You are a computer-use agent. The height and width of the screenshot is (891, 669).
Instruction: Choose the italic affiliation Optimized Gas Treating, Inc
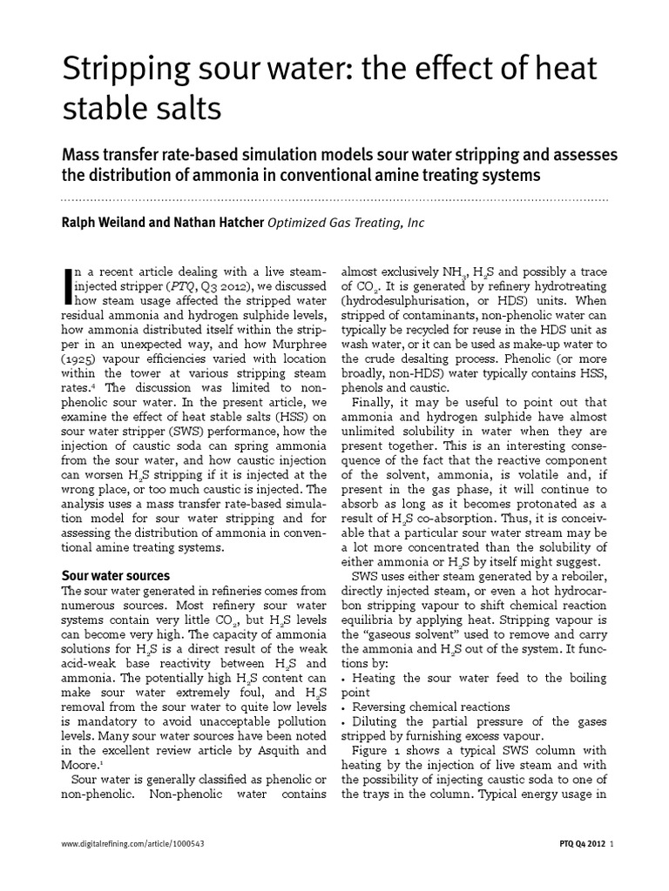click(x=346, y=223)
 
